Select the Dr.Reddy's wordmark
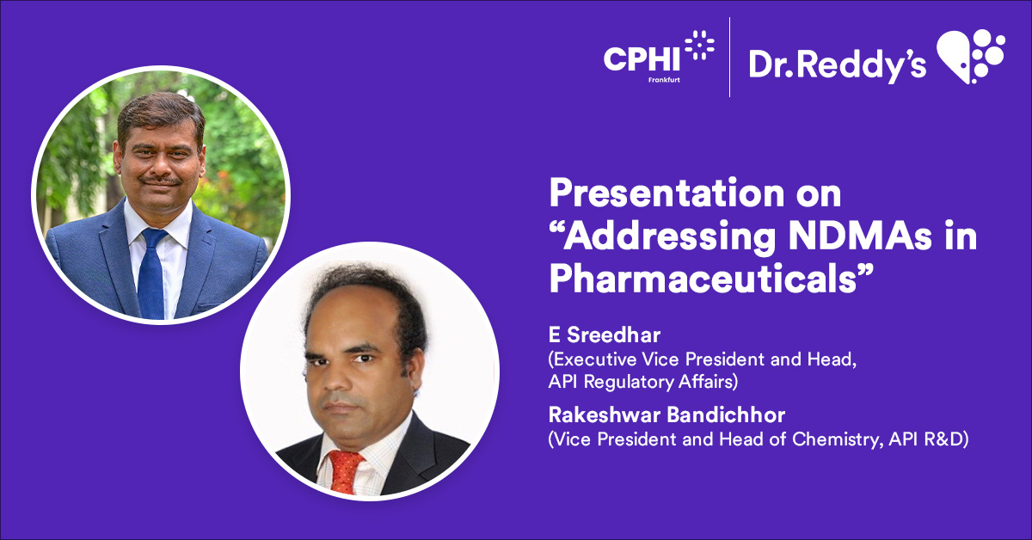[837, 62]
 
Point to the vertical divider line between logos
[730, 56]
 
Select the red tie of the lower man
[346, 469]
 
